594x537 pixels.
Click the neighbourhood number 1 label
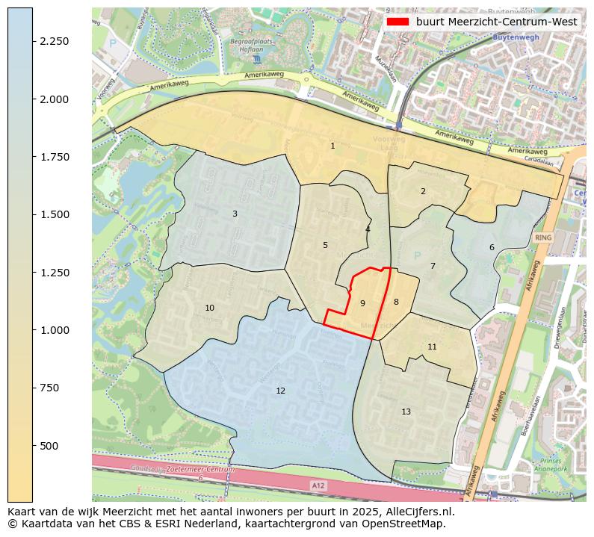(332, 146)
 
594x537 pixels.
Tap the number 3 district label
(235, 214)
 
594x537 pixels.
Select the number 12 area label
(280, 391)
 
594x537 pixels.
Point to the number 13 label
(406, 412)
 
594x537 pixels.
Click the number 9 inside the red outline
(362, 304)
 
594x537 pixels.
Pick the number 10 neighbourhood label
(209, 308)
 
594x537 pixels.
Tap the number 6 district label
(492, 248)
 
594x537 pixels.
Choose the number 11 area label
(432, 347)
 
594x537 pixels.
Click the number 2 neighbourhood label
(423, 192)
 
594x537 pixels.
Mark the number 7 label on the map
(433, 267)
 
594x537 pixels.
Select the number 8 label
(396, 302)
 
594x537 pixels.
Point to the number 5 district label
(325, 246)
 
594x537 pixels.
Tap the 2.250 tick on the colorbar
(54, 42)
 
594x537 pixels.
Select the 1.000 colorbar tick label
(54, 330)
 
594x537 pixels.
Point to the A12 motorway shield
(318, 485)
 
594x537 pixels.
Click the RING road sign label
(543, 238)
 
